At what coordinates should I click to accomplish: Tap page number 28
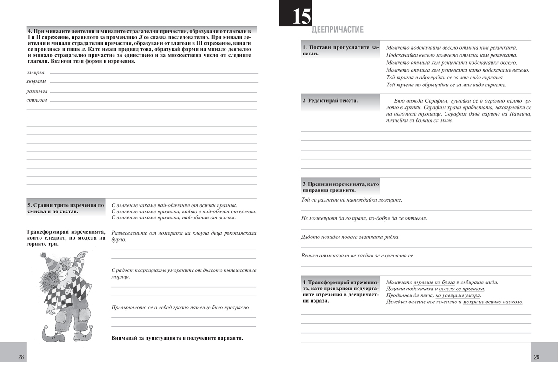(21, 357)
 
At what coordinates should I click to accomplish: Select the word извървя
(35, 73)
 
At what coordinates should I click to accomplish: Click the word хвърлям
(36, 82)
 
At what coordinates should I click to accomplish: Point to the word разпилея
(37, 92)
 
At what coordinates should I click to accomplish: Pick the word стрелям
(36, 100)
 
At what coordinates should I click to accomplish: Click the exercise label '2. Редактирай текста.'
(330, 101)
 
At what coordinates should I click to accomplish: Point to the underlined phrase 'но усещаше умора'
(458, 296)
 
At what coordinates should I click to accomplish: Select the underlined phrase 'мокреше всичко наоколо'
(493, 302)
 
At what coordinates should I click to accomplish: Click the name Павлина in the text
(518, 114)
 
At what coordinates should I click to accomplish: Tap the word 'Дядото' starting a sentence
(311, 237)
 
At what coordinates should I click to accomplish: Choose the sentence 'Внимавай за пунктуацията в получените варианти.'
(177, 338)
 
